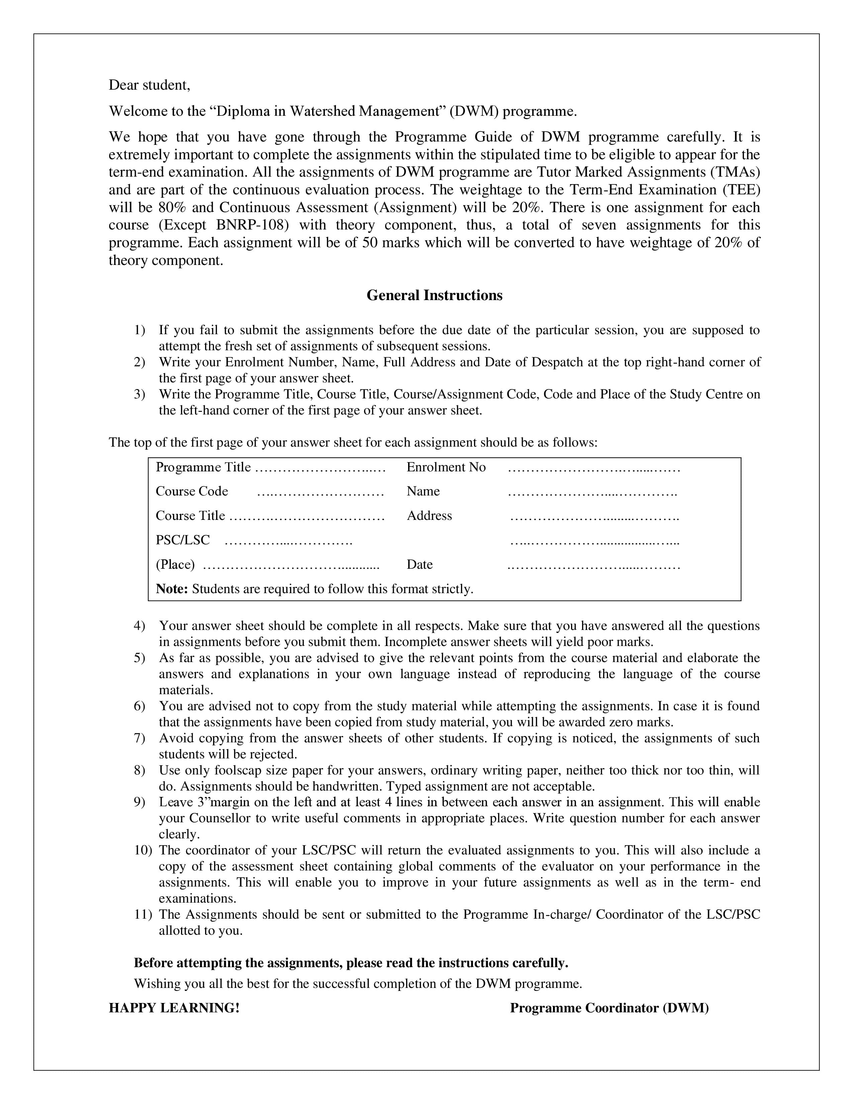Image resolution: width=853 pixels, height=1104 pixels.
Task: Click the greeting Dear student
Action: coord(149,85)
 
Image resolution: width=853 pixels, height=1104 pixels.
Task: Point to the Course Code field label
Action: coord(192,491)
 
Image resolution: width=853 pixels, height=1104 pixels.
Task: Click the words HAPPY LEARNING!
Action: coord(174,1008)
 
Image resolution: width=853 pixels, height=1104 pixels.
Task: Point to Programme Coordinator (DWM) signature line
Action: coord(609,1008)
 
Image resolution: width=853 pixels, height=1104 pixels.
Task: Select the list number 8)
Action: coord(139,770)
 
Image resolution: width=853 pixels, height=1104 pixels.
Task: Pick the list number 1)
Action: coord(139,330)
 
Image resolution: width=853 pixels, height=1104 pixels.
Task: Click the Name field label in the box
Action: coord(423,491)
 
